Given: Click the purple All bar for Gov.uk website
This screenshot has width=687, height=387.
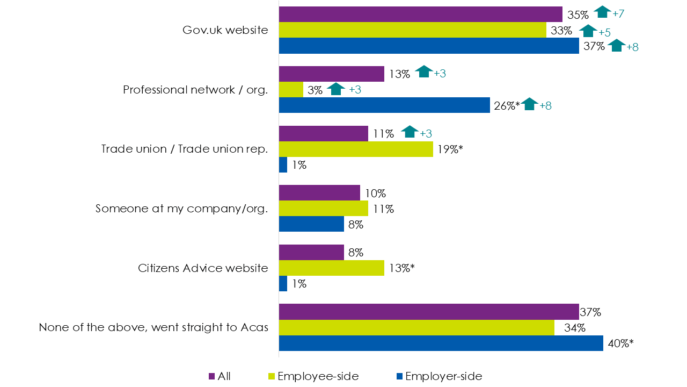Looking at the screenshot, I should tap(420, 15).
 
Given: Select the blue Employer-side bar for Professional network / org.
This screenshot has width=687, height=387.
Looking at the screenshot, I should tap(384, 105).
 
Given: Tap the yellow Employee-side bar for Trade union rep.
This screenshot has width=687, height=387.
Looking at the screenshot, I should tap(356, 149).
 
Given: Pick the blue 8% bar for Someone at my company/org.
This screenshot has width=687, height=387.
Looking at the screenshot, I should tap(311, 224).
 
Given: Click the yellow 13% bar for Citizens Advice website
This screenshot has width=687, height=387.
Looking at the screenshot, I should tap(331, 268).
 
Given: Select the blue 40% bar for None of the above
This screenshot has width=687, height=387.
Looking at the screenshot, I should tap(441, 343).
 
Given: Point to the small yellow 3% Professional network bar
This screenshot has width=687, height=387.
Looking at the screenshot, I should tap(291, 90).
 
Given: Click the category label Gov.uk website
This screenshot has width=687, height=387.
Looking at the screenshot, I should tap(225, 30).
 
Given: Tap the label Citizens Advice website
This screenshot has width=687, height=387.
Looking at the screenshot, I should tap(203, 268).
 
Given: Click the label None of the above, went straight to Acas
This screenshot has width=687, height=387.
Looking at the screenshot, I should tap(154, 327).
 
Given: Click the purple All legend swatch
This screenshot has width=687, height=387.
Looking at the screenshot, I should tap(211, 376).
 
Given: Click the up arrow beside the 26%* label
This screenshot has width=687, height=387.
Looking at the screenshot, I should tap(529, 104).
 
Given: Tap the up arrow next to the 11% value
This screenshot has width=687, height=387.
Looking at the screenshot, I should tap(410, 132).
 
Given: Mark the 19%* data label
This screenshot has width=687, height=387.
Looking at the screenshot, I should tap(449, 150).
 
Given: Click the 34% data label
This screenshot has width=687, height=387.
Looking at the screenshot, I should tap(571, 328).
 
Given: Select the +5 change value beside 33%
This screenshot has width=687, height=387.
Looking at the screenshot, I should tap(604, 32).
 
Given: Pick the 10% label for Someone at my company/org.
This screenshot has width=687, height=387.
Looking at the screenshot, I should tap(375, 193).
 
